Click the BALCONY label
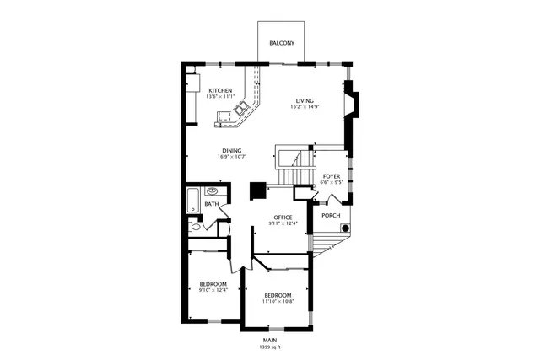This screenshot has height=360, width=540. pos(282,42)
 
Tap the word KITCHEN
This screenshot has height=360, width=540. pos(220,91)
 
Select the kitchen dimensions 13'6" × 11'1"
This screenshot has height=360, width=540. pos(220,97)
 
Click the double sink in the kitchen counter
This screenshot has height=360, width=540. pos(241,107)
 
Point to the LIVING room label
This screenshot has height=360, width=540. pos(304,101)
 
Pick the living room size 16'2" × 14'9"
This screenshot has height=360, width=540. pos(304,107)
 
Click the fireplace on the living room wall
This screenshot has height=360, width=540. pos(354,103)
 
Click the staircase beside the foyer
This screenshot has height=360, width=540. pos(295,166)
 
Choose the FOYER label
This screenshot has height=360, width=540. pos(331,176)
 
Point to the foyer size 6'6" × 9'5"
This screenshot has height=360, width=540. pos(331,182)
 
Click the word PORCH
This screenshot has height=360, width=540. pos(331,215)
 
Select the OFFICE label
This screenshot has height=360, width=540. pos(283,218)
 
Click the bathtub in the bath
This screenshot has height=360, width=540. pos(192,203)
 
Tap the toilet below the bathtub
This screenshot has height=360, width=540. pos(195,226)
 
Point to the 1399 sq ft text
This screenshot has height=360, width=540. pos(270,347)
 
